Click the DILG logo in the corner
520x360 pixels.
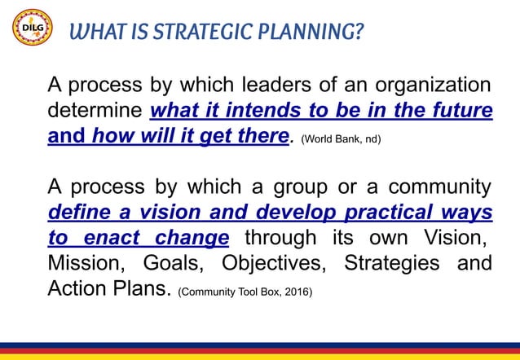[32, 30]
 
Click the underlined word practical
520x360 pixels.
[377, 213]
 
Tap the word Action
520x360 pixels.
[81, 289]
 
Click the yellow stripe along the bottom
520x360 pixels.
[260, 356]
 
